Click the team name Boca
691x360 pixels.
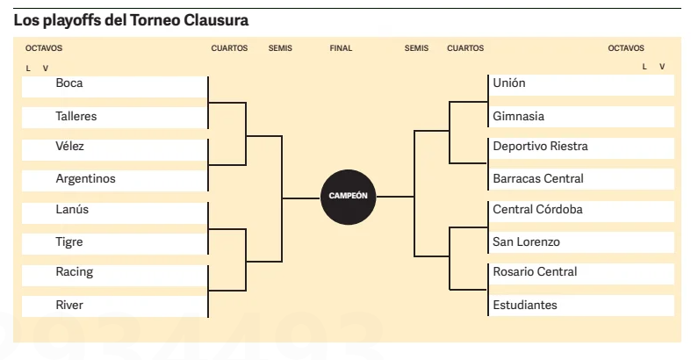pos(69,83)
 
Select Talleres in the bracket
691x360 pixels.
pos(76,116)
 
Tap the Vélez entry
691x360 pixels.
pos(70,147)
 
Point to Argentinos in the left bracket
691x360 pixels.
pos(85,179)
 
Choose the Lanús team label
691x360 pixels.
pos(72,210)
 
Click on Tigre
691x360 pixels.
pos(70,242)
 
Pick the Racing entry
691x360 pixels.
pos(74,272)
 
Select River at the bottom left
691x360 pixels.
pos(69,306)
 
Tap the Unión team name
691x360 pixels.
pos(509,83)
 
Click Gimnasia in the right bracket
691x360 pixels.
pos(519,116)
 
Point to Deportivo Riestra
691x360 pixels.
pos(540,147)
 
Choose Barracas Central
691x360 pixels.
pos(538,179)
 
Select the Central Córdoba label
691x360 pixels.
pos(537,210)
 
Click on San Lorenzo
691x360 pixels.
pos(526,242)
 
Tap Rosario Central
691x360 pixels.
pos(535,272)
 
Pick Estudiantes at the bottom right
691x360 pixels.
pos(525,306)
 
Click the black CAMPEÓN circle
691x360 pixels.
pos(348,197)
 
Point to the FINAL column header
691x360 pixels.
pos(341,49)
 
